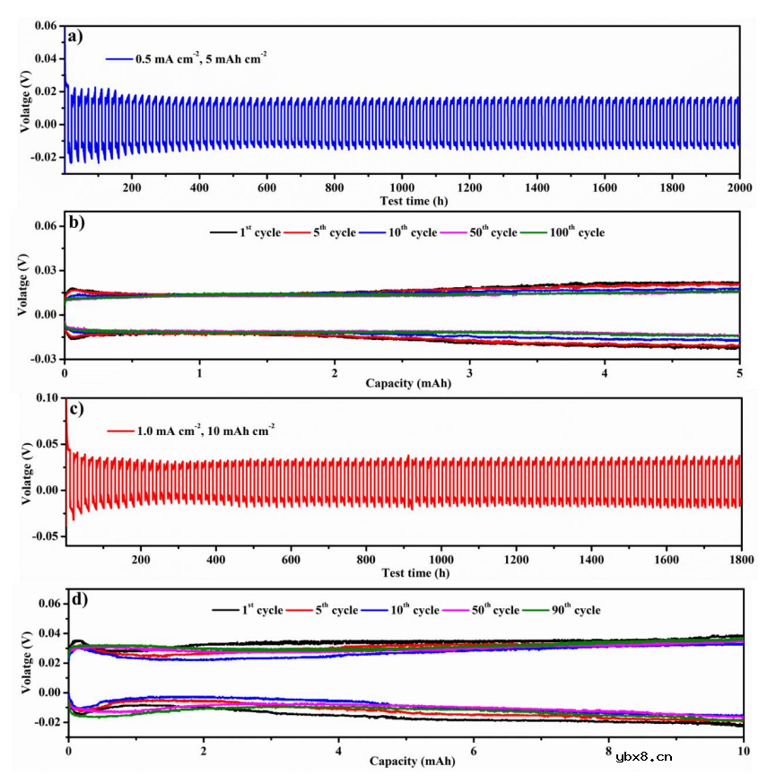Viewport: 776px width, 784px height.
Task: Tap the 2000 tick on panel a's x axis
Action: pyautogui.click(x=738, y=187)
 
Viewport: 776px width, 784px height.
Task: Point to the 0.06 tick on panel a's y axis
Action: pyautogui.click(x=46, y=26)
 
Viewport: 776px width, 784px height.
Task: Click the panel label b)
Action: pyautogui.click(x=75, y=223)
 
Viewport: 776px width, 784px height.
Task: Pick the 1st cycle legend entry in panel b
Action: pyautogui.click(x=247, y=232)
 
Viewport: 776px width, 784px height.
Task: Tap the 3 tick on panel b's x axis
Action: pyautogui.click(x=469, y=371)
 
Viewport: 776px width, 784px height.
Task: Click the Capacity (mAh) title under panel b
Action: pyautogui.click(x=401, y=383)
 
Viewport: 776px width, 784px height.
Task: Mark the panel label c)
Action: pyautogui.click(x=76, y=408)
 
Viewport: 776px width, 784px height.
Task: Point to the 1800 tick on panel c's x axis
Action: pyautogui.click(x=739, y=560)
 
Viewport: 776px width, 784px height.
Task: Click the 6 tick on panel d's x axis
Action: pyautogui.click(x=473, y=749)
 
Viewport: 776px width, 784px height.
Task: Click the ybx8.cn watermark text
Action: pyautogui.click(x=644, y=756)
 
